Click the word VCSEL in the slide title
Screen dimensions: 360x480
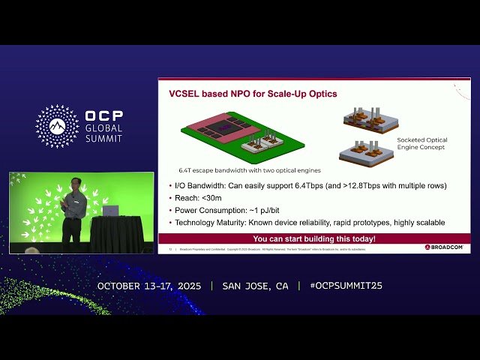click(x=183, y=94)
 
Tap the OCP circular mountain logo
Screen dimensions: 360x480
click(x=57, y=125)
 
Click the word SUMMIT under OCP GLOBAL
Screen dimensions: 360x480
click(x=103, y=138)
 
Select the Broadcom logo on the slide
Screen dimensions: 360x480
click(x=444, y=247)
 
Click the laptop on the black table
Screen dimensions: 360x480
click(x=110, y=210)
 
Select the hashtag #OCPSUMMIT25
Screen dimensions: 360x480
click(x=340, y=286)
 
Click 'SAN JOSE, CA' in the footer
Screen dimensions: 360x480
click(x=255, y=286)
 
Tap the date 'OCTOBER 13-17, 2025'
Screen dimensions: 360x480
click(x=149, y=286)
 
